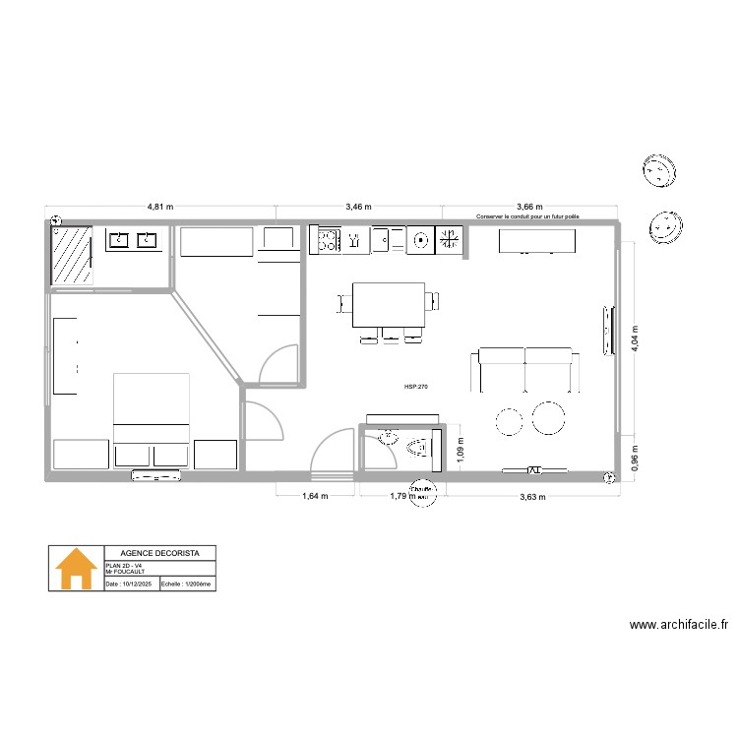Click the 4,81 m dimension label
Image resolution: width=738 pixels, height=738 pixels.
coord(160,208)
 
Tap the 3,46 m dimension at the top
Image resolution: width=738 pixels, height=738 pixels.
coord(358,208)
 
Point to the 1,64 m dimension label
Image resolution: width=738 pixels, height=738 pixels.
coord(314,497)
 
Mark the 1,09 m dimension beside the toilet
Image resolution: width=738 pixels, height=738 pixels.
coord(459,448)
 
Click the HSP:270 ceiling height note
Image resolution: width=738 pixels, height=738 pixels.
coord(415,388)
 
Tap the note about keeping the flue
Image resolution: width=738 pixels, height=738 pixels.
coord(527,215)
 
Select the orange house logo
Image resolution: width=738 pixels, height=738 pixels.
coord(77,569)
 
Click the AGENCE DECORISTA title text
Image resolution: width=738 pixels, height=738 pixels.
coord(158,553)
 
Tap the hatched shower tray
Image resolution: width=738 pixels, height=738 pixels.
coord(72,256)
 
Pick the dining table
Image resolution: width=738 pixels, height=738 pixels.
coord(389,306)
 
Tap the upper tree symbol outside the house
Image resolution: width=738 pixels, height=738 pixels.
coord(657,171)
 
